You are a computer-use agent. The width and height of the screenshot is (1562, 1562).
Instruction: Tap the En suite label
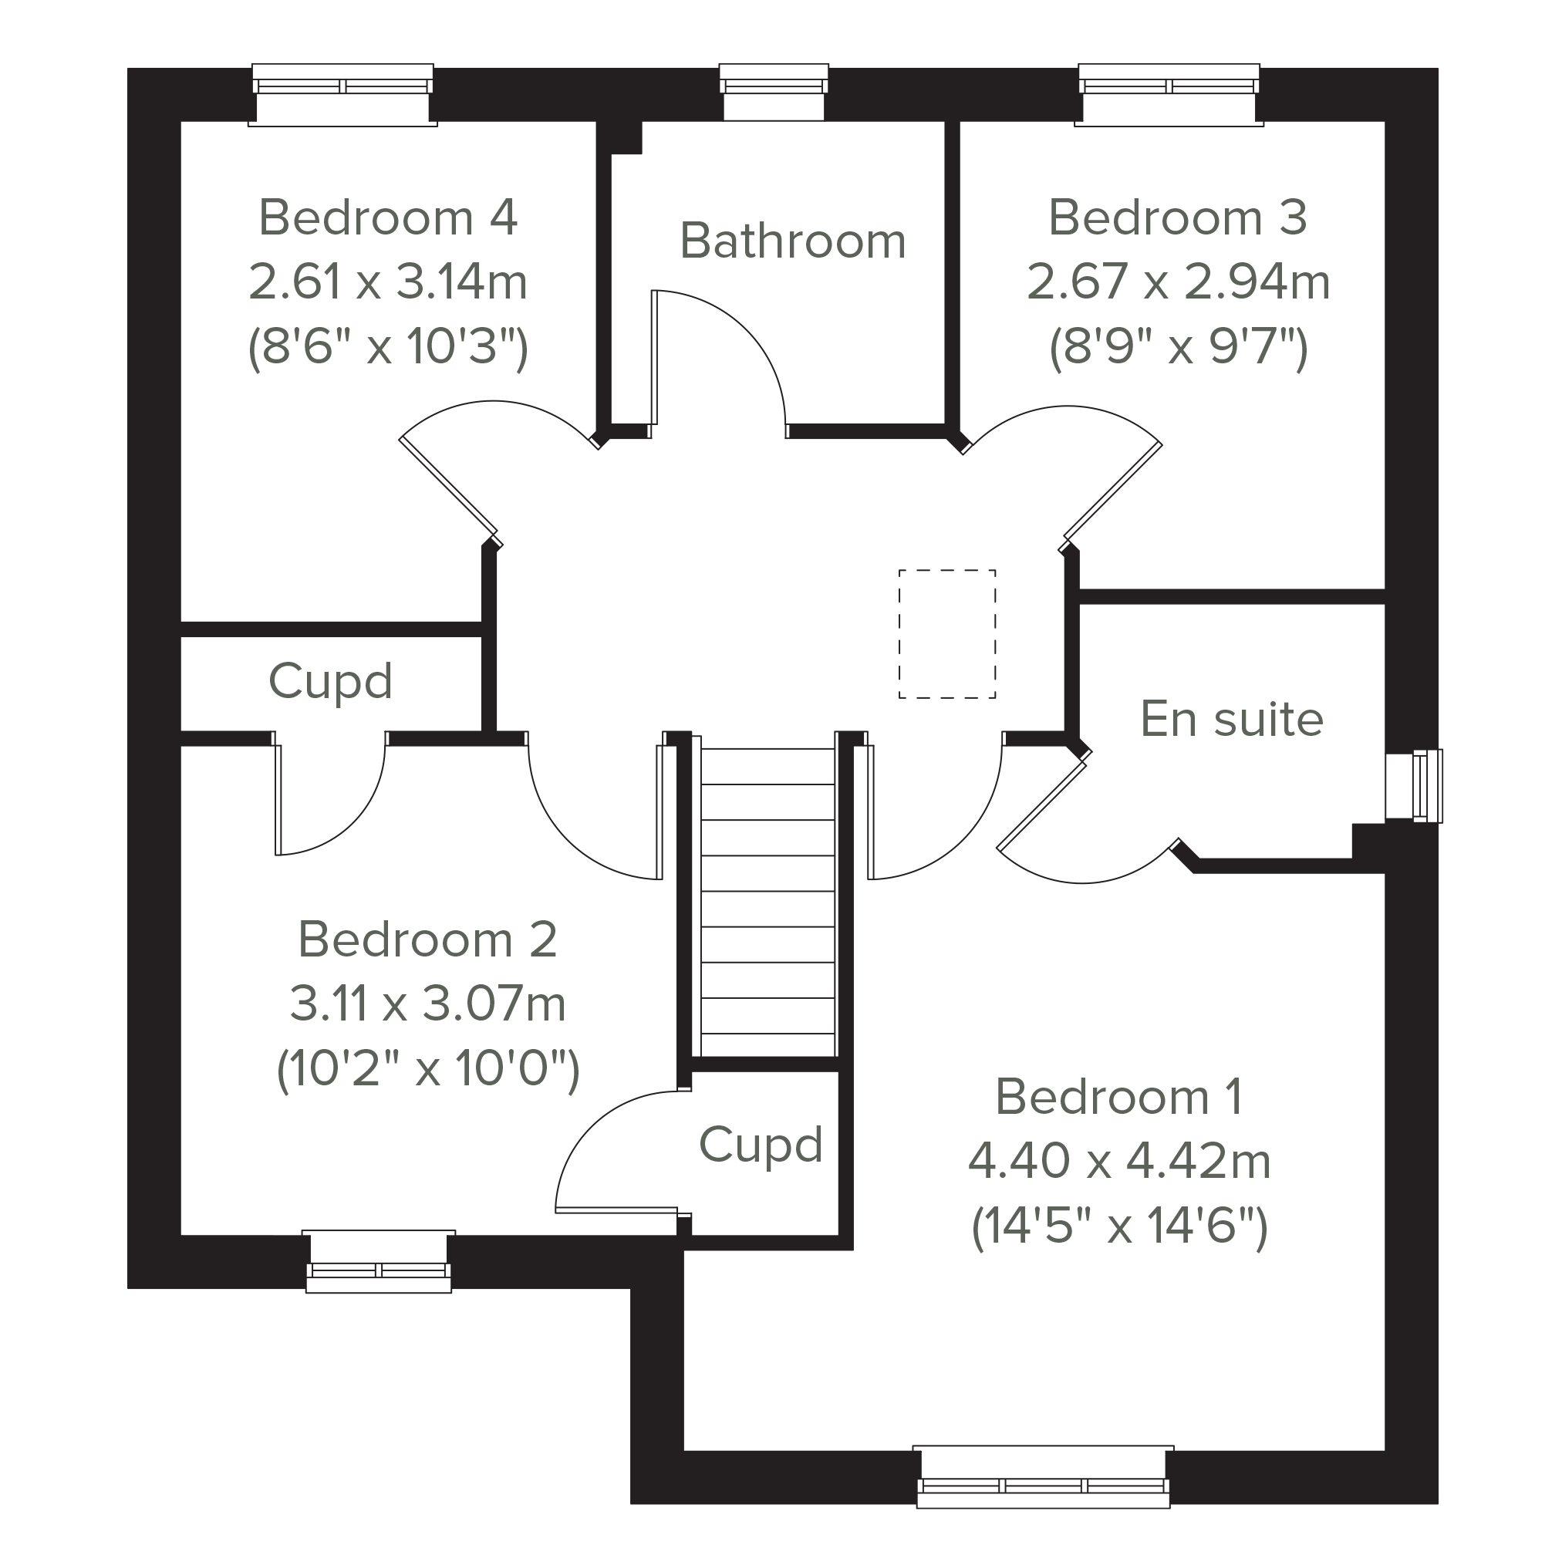point(1231,718)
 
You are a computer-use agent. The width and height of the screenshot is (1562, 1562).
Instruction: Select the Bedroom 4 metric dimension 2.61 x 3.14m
point(388,282)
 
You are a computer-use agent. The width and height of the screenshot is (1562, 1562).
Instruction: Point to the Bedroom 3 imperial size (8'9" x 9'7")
point(1178,347)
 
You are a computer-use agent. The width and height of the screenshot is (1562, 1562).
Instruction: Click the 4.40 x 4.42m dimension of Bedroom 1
point(1119,1161)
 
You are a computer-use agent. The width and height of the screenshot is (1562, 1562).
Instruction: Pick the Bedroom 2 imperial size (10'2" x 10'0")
point(427,1068)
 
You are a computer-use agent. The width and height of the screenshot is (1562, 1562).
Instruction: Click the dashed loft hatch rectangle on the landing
point(946,634)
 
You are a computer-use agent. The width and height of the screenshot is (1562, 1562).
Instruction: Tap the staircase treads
point(768,902)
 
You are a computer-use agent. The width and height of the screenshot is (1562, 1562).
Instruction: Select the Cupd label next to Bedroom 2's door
point(330,681)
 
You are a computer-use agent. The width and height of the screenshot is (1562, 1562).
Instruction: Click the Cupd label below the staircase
point(760,1144)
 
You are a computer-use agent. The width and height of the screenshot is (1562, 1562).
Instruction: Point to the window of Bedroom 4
point(342,95)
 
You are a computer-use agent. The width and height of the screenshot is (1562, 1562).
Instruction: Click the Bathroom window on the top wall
point(774,92)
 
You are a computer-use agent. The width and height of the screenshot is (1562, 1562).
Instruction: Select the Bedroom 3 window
point(1169,95)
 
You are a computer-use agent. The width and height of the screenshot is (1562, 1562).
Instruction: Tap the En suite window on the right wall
point(1413,786)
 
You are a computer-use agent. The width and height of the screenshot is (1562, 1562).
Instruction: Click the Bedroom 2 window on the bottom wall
point(379,1260)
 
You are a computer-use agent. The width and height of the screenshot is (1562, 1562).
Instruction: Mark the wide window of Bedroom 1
point(1043,1476)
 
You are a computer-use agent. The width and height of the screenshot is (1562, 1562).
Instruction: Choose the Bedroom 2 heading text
point(427,939)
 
